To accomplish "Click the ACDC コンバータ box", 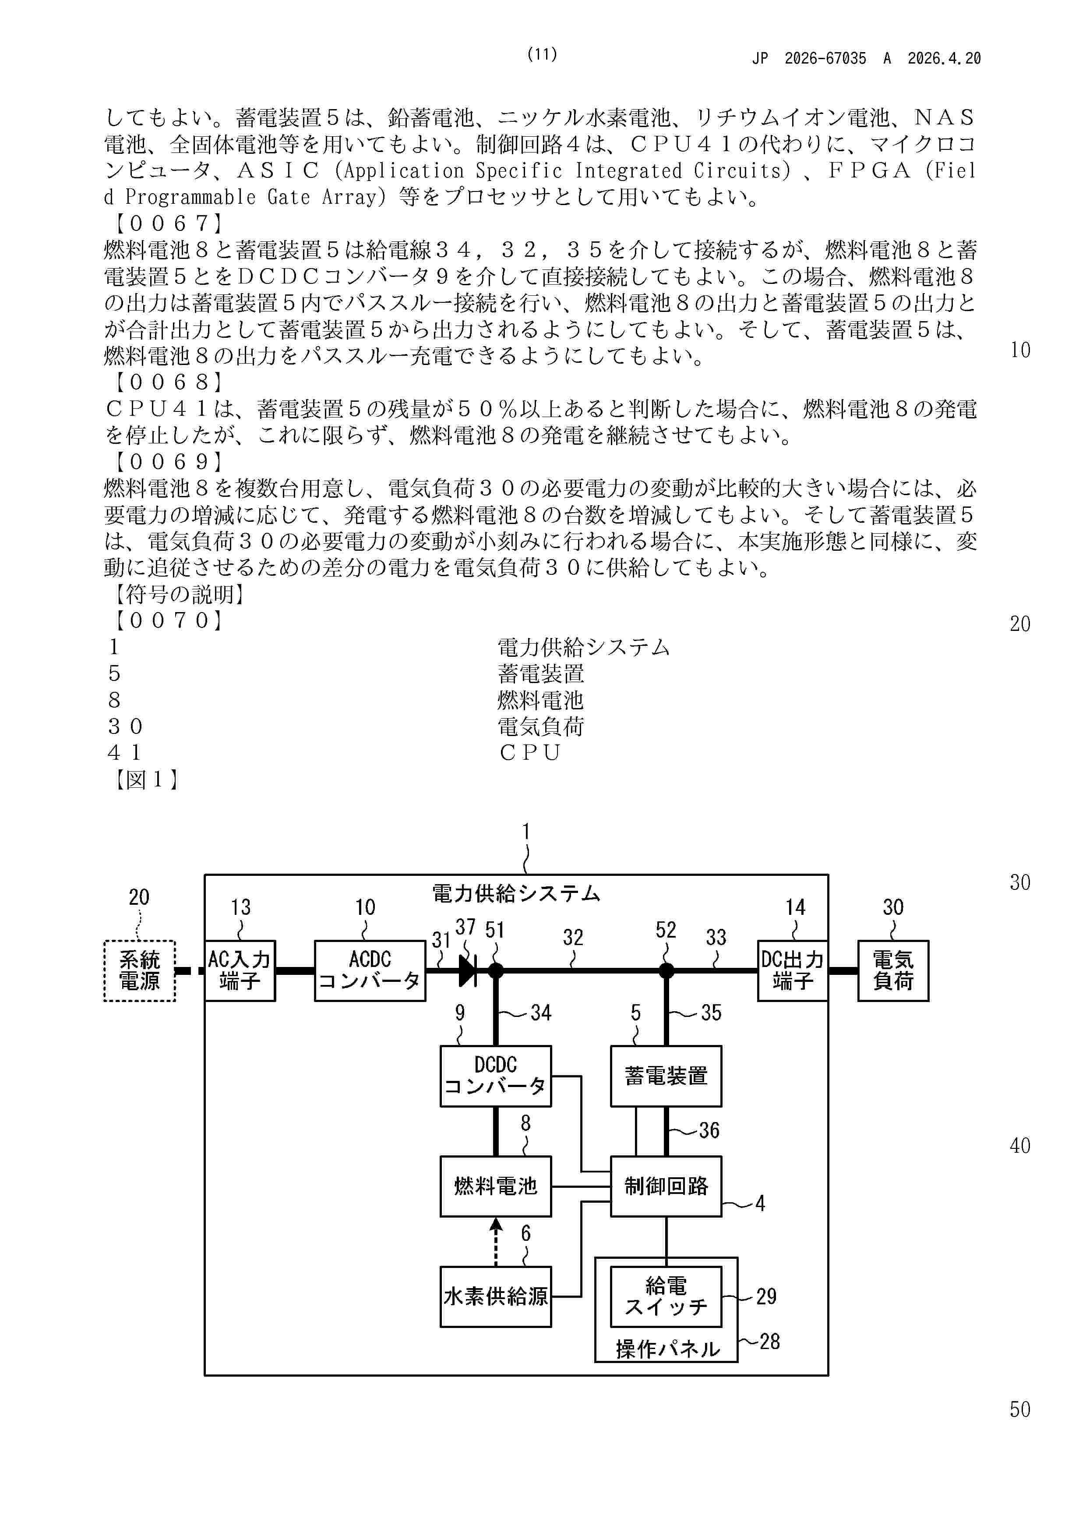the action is (370, 970).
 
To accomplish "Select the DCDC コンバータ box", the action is (496, 1076).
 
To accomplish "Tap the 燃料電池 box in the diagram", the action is (496, 1186).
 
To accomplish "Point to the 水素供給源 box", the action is (496, 1296).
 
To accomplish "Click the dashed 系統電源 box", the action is (140, 970).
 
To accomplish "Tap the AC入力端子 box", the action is (240, 970).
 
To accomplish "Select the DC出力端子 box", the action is (793, 970).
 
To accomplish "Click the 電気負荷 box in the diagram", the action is (893, 970).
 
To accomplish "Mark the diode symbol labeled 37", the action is (468, 970).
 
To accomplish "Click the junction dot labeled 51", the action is (496, 970).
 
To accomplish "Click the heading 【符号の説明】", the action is (177, 594).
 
